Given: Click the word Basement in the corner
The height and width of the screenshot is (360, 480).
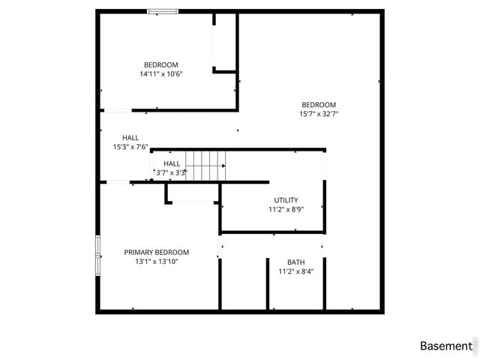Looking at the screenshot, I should [445, 346].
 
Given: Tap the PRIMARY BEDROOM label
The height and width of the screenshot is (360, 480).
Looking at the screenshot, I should [157, 253].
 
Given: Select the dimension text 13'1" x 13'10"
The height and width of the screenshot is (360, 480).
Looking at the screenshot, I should [157, 262].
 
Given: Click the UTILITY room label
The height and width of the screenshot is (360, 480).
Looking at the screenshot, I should [286, 200].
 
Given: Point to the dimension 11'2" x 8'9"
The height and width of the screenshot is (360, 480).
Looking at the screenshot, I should [286, 210].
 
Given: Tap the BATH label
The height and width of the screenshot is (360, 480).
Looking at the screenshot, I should [295, 262].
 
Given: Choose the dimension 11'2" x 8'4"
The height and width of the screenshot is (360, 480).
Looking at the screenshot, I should [295, 271].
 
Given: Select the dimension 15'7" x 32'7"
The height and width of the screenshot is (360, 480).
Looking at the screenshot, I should [319, 114].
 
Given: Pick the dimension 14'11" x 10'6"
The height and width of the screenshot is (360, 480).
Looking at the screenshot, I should [161, 74].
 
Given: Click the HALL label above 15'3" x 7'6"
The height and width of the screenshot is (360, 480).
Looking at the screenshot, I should [130, 138].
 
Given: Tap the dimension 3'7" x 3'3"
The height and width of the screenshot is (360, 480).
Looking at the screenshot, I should [171, 172].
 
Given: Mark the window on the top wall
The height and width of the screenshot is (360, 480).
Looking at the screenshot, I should [162, 11].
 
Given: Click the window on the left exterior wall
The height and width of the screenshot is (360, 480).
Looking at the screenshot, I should [97, 256].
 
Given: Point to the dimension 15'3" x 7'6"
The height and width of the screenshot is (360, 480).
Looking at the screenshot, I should [130, 147].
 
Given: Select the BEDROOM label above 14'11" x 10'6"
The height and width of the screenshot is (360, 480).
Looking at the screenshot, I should [161, 64].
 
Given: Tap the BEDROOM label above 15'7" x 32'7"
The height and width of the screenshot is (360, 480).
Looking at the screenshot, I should [319, 105].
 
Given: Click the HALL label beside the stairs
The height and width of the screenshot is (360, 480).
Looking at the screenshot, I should [172, 163].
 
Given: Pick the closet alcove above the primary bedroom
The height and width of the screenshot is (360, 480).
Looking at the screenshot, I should [193, 192].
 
